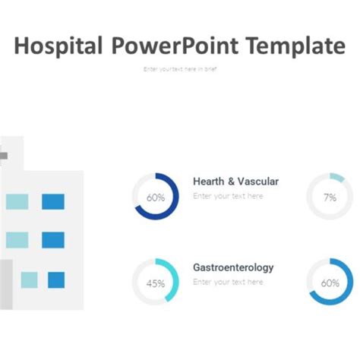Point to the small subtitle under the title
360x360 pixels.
click(x=180, y=68)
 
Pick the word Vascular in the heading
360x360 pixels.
click(x=258, y=182)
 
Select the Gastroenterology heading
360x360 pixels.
click(x=233, y=267)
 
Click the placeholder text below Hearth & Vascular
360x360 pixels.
click(x=228, y=196)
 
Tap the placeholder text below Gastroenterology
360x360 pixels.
click(x=228, y=282)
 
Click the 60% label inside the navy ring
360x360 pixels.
click(x=156, y=197)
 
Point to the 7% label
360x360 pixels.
click(x=330, y=197)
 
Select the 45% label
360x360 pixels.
click(x=156, y=283)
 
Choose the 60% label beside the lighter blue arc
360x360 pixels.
click(x=330, y=283)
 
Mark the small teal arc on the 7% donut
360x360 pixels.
click(x=337, y=177)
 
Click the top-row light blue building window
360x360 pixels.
click(x=17, y=201)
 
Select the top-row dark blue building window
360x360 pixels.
click(x=53, y=201)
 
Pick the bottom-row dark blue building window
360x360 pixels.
click(x=56, y=279)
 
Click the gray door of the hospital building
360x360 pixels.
click(x=5, y=284)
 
